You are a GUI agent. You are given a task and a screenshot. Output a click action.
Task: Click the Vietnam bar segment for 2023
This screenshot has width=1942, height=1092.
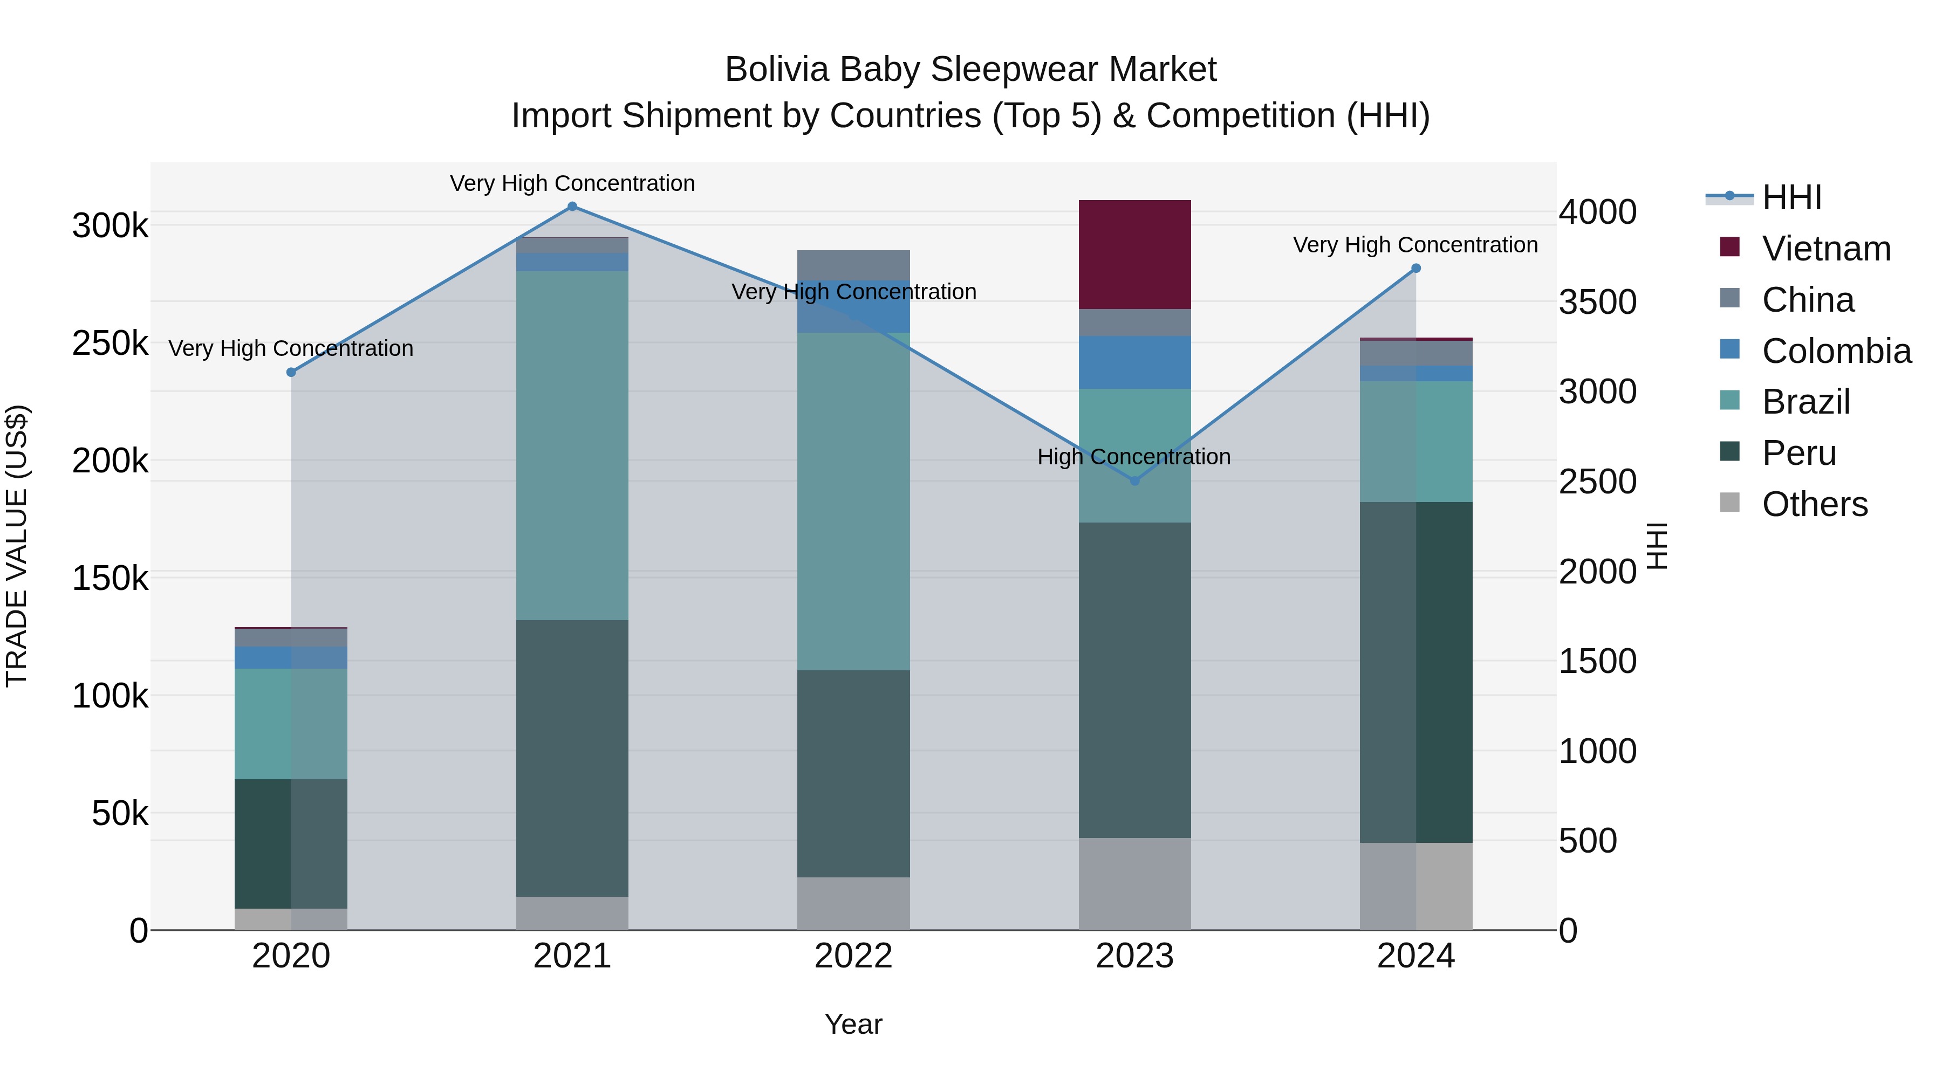1134,254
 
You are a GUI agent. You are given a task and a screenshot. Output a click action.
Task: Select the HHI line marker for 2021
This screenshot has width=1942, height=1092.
572,207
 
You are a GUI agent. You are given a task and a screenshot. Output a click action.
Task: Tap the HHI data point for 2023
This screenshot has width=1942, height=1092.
1134,481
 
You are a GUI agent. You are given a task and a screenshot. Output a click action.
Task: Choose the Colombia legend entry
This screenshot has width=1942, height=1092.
1836,351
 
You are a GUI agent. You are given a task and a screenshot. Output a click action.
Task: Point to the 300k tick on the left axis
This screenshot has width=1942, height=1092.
110,225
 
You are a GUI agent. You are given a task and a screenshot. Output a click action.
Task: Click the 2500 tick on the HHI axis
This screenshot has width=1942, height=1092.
1597,482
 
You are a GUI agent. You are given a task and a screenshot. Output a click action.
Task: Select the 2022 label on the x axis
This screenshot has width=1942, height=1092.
853,956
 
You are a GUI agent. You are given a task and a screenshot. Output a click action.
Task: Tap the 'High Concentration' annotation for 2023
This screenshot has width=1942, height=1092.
1134,457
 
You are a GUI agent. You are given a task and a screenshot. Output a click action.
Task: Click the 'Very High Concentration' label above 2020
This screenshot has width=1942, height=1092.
291,348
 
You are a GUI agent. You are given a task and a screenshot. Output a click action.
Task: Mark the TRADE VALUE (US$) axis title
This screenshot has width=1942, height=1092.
17,546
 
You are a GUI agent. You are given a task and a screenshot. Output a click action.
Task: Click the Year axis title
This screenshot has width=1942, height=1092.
853,1024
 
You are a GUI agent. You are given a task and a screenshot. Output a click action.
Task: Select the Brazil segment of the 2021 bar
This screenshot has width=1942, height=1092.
572,445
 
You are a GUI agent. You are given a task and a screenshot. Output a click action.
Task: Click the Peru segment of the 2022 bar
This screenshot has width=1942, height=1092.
853,773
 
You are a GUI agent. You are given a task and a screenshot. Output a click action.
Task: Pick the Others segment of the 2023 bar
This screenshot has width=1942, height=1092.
1134,884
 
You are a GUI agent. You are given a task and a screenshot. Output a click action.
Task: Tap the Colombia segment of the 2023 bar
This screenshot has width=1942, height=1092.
1134,362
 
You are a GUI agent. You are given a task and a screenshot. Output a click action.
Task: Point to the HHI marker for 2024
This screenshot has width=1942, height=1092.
1416,269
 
